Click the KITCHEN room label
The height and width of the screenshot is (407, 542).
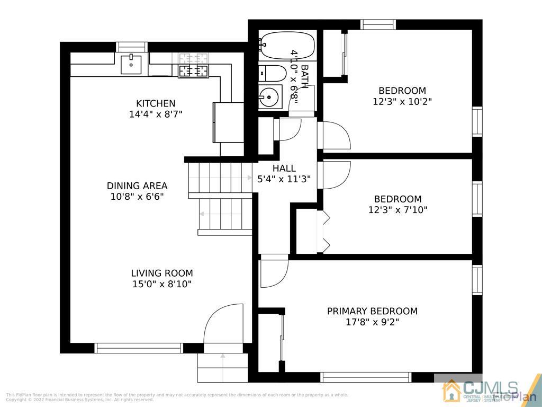tap(156, 103)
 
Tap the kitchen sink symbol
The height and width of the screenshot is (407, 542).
tap(131, 64)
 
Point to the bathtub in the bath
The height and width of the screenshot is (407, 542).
tap(286, 45)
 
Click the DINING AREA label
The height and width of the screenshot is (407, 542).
tap(137, 185)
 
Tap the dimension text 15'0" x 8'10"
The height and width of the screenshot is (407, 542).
tap(161, 284)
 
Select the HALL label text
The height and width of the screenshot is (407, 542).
tap(284, 169)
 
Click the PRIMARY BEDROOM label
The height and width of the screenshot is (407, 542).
tap(372, 311)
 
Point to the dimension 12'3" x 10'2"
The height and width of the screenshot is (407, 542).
tap(402, 101)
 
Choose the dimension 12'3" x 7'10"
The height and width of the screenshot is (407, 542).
tap(398, 210)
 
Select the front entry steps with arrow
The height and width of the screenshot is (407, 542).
tap(222, 367)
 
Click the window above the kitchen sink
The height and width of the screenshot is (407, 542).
tap(132, 47)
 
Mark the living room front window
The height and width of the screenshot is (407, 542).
tap(139, 348)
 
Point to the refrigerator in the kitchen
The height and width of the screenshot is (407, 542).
tap(228, 122)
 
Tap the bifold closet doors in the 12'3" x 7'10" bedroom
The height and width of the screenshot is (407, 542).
tap(324, 231)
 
